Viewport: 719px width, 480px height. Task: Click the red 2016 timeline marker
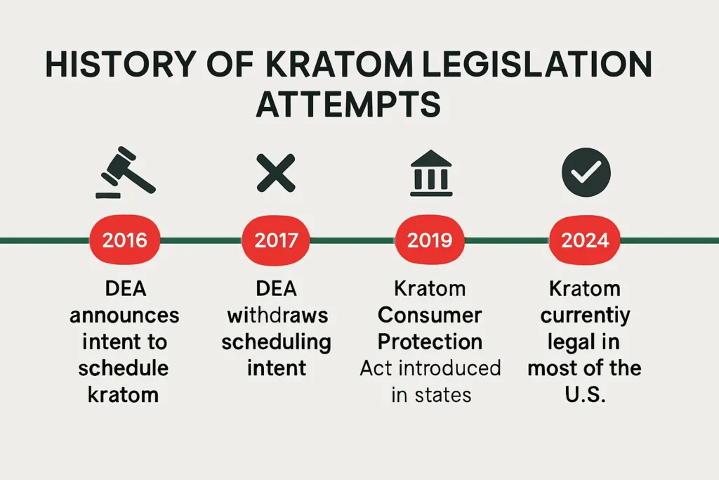(x=125, y=240)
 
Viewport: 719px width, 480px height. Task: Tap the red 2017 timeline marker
(x=276, y=240)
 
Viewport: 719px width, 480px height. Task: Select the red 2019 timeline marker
(x=430, y=240)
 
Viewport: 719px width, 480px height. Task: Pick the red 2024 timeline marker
(x=585, y=240)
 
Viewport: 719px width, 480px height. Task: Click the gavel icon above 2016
(x=126, y=172)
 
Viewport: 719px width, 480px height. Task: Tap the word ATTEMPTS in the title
(x=348, y=104)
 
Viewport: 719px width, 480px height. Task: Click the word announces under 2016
(x=124, y=316)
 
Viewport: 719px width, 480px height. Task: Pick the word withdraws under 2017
(x=276, y=316)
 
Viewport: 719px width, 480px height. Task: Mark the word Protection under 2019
(x=430, y=342)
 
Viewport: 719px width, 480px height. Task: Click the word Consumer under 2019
(x=430, y=316)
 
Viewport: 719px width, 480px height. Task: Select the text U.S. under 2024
(x=585, y=394)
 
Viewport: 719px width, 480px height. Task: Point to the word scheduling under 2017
(x=276, y=342)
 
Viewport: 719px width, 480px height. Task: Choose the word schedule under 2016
(x=124, y=368)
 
